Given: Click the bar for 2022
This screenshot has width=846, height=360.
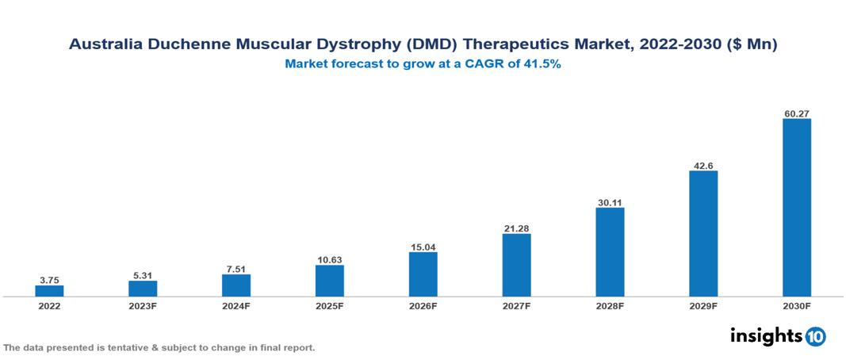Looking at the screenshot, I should coord(49,290).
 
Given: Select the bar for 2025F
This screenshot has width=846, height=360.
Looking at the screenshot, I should coord(329,280).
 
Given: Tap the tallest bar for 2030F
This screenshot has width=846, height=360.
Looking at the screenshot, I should coord(796,207).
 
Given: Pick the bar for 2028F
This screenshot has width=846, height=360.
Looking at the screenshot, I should coord(610,251).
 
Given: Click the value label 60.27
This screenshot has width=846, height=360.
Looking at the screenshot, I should coord(796,113).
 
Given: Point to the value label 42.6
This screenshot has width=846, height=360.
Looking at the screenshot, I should coord(703,165).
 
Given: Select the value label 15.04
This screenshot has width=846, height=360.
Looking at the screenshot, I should coord(423,247).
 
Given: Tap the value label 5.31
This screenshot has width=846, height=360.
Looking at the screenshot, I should coord(143,275).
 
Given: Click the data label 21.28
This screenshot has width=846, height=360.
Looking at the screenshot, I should coord(516,228).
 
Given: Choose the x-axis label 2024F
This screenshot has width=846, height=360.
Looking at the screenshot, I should coord(236,306).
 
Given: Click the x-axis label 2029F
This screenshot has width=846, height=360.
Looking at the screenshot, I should coord(703,306).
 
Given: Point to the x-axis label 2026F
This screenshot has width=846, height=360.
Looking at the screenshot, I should coord(423,306).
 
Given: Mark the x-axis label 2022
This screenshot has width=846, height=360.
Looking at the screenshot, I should coord(49,306).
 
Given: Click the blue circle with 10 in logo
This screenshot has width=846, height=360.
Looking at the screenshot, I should coord(815,336).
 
